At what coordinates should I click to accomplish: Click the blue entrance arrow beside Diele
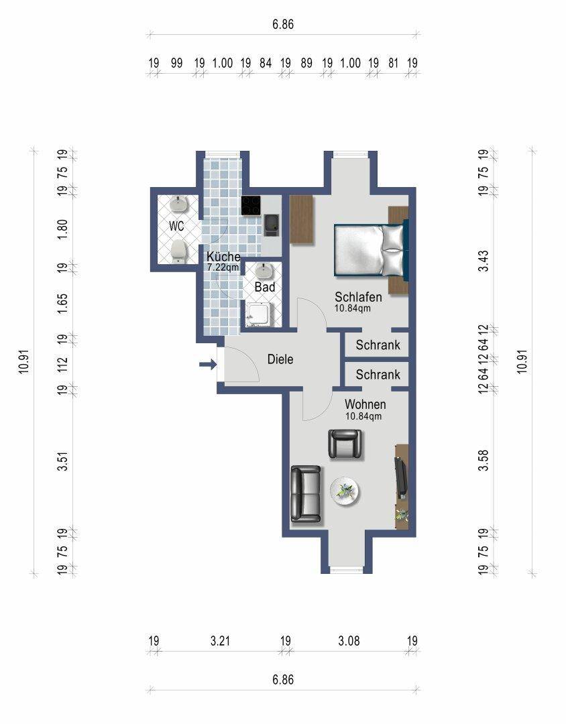point(208,365)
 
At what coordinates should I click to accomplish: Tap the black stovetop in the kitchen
point(251,205)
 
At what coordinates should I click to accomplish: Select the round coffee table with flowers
point(345,491)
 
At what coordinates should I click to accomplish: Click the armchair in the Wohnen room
point(345,444)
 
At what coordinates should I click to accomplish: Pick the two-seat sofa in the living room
point(305,494)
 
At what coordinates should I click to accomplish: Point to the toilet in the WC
point(178,251)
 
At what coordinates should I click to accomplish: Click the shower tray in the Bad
point(260,314)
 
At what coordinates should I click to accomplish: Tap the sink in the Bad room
point(264,271)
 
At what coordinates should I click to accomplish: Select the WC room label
point(176,227)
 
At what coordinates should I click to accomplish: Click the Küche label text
point(223,257)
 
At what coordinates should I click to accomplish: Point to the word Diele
point(280,359)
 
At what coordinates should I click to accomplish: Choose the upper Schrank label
point(378,345)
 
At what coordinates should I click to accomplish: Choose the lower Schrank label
point(378,375)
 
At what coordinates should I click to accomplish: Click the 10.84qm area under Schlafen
point(353,308)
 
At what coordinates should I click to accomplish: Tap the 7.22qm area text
point(223,267)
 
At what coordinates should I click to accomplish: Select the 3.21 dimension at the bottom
point(220,641)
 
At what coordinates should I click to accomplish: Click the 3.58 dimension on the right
point(484,460)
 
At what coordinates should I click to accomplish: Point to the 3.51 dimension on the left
point(63,461)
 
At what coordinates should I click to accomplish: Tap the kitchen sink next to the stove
point(270,225)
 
